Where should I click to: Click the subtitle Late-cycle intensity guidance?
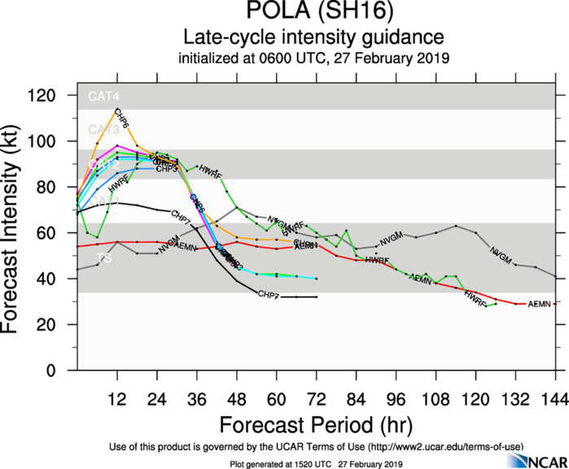[x=313, y=37]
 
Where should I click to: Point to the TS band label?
[x=104, y=258]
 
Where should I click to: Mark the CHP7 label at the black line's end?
[x=268, y=293]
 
